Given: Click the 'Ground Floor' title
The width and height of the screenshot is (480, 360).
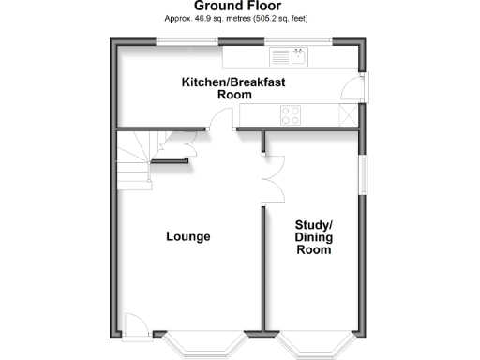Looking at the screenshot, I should point(240,6).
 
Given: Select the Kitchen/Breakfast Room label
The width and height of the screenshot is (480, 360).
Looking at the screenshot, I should point(233,88).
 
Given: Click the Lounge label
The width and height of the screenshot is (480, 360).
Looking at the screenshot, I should point(188,236).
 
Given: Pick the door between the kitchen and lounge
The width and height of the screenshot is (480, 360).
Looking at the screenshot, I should point(221,120).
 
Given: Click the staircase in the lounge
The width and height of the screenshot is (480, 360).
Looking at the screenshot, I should point(136,159).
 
